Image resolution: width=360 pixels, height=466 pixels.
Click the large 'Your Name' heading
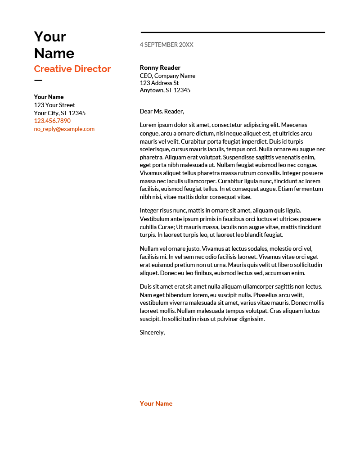click(x=54, y=45)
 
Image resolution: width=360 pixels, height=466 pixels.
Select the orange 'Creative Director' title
click(x=72, y=69)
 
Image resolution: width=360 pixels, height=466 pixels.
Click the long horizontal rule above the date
click(x=233, y=32)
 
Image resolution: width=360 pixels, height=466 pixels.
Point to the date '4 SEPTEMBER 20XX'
click(x=166, y=45)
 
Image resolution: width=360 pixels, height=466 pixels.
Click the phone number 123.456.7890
click(x=52, y=121)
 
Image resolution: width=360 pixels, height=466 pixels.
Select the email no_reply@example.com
click(x=64, y=129)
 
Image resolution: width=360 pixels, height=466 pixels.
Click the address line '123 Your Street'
click(x=54, y=105)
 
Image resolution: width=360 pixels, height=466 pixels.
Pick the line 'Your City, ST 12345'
click(x=59, y=113)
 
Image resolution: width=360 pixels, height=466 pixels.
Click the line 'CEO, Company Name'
click(x=167, y=76)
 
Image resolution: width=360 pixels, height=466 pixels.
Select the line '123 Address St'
click(x=159, y=83)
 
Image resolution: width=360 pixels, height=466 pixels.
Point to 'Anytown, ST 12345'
click(x=165, y=90)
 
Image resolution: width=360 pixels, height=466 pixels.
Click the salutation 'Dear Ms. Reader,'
click(x=162, y=111)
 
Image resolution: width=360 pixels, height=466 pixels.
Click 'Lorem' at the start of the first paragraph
click(x=148, y=125)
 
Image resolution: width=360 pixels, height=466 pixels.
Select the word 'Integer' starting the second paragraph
click(x=149, y=210)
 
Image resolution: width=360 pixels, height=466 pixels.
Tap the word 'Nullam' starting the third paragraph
click(x=149, y=249)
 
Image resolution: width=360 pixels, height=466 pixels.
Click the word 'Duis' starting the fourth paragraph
click(x=146, y=286)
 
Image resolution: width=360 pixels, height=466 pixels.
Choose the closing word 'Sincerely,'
click(x=153, y=332)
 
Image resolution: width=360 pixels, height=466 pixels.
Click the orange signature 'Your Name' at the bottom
click(x=156, y=403)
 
